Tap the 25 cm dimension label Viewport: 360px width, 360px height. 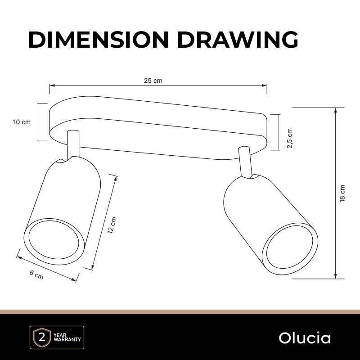(153, 81)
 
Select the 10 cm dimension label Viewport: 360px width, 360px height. (22, 122)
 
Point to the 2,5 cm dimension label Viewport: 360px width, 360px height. (290, 138)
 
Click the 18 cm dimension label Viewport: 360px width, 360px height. (342, 193)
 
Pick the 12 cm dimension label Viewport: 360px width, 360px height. (112, 225)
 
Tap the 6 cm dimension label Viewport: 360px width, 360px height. (36, 275)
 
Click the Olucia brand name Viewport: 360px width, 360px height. (305, 338)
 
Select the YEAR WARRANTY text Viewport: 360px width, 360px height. (67, 337)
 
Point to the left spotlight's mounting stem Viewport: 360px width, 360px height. (73, 145)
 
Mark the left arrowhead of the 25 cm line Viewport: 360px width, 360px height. (52, 85)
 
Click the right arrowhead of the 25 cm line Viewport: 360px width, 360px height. (265, 85)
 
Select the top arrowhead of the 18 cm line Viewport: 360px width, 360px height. (336, 110)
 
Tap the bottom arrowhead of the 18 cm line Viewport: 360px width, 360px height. (336, 276)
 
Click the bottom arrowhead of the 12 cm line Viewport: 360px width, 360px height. (93, 267)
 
